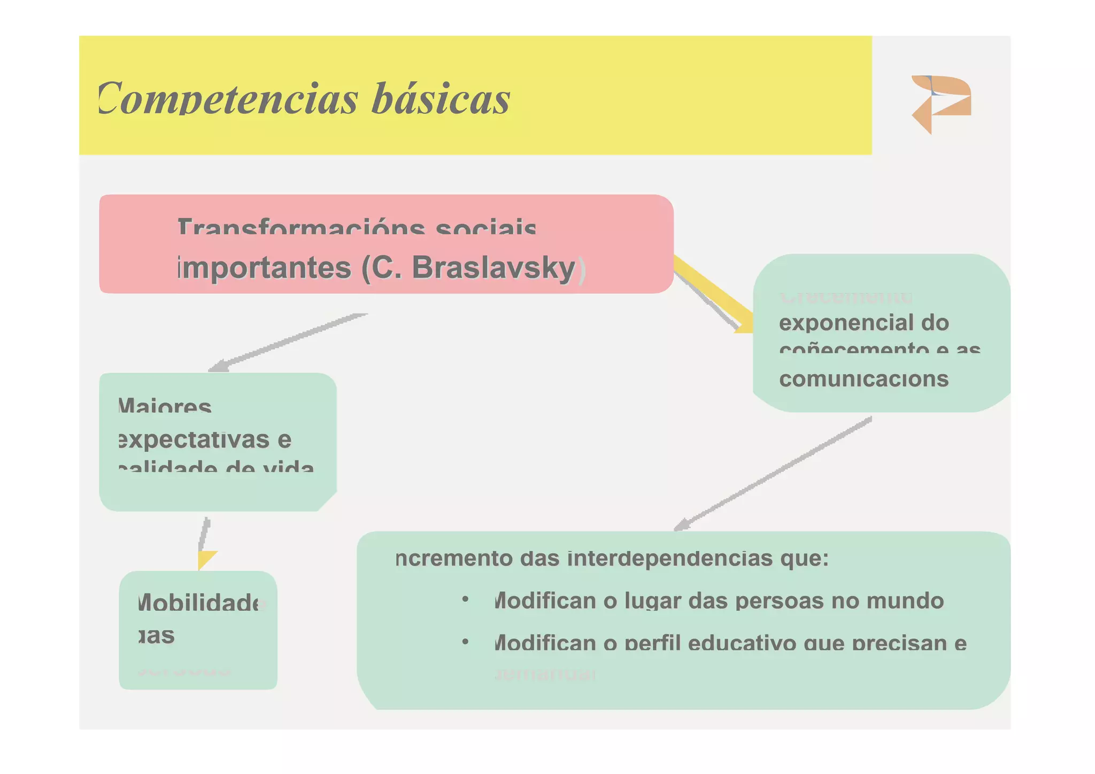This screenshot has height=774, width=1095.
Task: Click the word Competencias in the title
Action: coord(227,99)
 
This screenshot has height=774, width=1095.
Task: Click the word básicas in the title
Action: coord(441,99)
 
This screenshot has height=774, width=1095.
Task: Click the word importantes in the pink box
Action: coord(264,268)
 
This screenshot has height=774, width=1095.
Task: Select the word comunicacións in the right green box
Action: coord(863,379)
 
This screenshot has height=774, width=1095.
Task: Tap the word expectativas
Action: coord(193,440)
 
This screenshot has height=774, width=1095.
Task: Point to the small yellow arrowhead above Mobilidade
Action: coord(205,559)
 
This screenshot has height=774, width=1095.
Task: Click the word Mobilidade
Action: coord(201,603)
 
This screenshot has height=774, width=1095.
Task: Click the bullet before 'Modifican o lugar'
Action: coord(465,600)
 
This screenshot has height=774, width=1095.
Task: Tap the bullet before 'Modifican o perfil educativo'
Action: coord(465,641)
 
